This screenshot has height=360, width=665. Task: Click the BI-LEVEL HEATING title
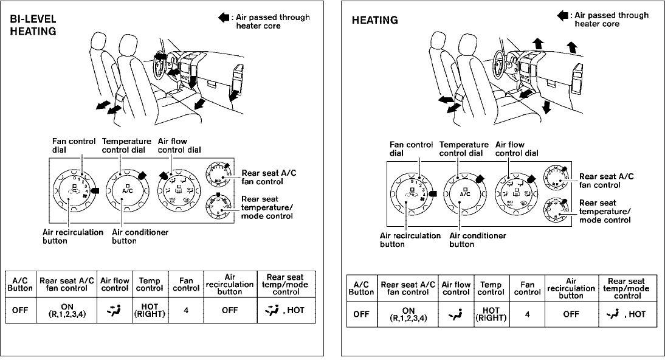[34, 25]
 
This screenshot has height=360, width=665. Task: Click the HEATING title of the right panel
[375, 20]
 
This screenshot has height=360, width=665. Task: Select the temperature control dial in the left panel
[127, 189]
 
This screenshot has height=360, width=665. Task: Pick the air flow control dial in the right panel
[517, 193]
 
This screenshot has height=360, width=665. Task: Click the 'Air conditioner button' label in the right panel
[477, 240]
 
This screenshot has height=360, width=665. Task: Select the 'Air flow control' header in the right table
[456, 288]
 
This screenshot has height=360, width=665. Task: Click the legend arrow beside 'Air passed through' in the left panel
[222, 17]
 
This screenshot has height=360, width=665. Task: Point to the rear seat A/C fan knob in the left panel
[218, 174]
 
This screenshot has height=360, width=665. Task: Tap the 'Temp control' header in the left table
[150, 285]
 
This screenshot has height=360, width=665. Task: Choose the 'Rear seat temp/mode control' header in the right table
[627, 288]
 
